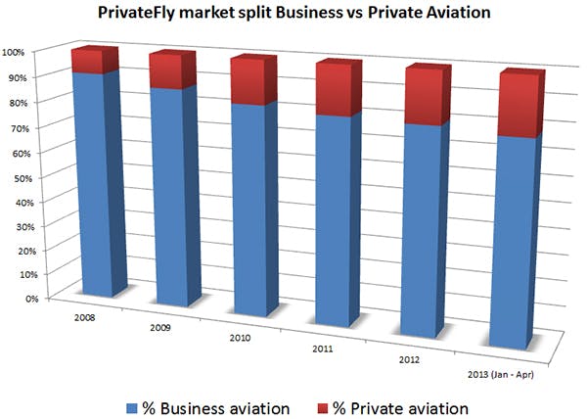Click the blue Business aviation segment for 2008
[95, 186]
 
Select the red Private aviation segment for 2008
[95, 61]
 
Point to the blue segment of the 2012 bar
[426, 235]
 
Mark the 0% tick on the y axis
[19, 299]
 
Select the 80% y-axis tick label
[16, 101]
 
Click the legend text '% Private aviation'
[401, 405]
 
